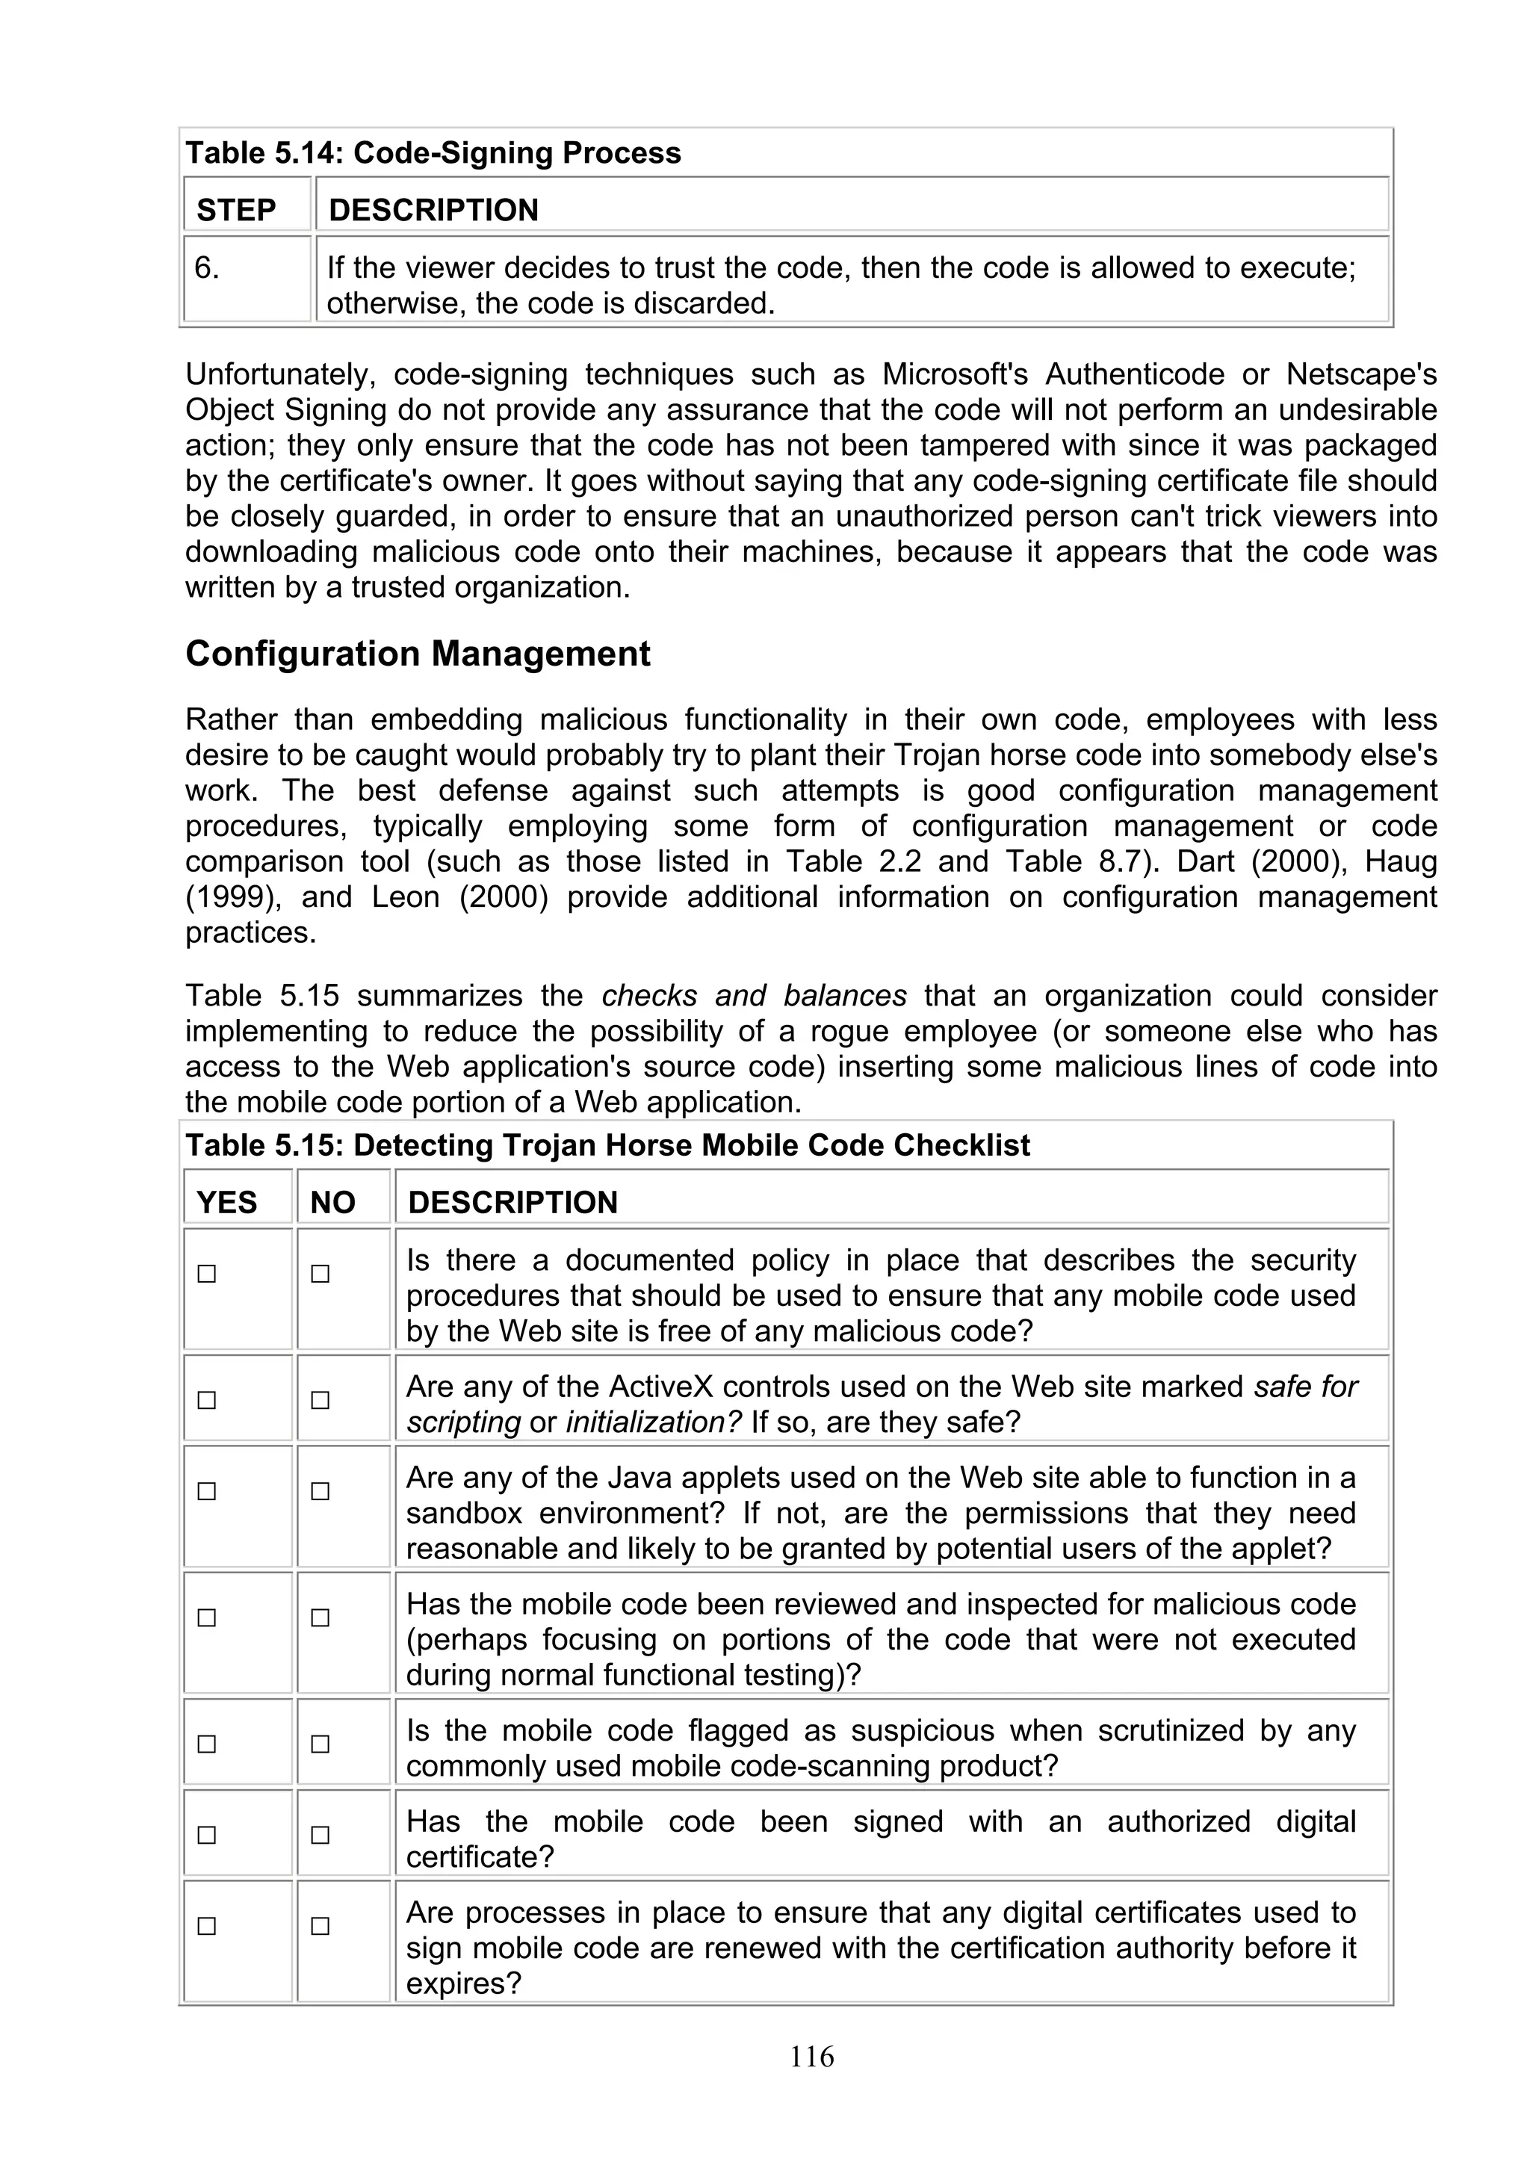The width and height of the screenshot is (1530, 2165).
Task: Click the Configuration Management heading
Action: click(418, 654)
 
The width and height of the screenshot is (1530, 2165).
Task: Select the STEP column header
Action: click(235, 209)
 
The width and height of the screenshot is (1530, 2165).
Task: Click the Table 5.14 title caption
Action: click(433, 152)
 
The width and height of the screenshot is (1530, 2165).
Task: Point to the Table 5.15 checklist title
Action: click(607, 1145)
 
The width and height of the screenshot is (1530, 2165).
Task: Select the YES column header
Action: click(226, 1202)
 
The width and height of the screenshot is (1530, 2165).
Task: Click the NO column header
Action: click(332, 1202)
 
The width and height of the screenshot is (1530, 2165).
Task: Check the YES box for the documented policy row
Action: click(206, 1274)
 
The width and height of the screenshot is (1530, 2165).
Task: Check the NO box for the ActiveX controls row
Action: click(320, 1400)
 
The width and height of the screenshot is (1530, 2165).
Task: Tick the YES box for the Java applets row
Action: click(206, 1491)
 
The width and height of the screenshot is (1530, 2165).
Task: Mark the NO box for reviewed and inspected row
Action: click(320, 1617)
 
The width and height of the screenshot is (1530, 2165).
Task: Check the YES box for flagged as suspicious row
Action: click(206, 1744)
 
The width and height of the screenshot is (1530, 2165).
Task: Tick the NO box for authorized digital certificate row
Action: click(320, 1835)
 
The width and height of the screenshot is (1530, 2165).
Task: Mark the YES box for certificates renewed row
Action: click(206, 1925)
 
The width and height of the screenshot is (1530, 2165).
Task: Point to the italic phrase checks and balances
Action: click(753, 996)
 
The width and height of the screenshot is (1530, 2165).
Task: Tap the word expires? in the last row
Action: click(463, 1983)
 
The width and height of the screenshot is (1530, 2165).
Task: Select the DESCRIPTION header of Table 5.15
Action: click(512, 1202)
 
